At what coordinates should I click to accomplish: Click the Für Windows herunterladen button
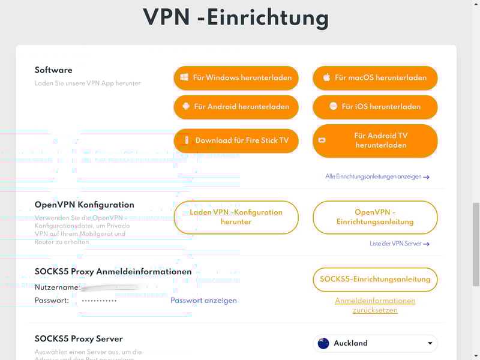click(x=236, y=77)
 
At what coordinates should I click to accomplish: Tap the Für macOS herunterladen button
click(x=375, y=77)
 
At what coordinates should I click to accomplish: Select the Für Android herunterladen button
click(x=236, y=107)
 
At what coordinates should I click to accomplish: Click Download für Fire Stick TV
click(x=236, y=140)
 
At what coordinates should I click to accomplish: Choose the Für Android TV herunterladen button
click(x=375, y=140)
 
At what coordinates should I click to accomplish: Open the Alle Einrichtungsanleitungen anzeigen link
click(x=377, y=177)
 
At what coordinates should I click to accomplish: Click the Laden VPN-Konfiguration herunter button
click(x=236, y=217)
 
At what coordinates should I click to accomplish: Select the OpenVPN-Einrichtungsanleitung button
click(x=375, y=217)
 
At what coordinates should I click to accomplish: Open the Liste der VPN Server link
click(x=400, y=244)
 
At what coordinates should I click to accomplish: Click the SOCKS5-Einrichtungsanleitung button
click(x=375, y=279)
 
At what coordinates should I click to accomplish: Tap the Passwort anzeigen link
click(x=203, y=301)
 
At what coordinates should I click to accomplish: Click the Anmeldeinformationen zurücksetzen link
click(x=375, y=305)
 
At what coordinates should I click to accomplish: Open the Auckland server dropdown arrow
click(x=430, y=343)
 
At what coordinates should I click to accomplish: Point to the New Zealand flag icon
click(x=323, y=343)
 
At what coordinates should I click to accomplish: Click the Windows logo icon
click(x=185, y=77)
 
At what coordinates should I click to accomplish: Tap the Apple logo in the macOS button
click(x=327, y=77)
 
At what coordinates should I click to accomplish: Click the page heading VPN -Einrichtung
click(x=236, y=17)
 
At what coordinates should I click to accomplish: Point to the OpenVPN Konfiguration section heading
click(x=85, y=205)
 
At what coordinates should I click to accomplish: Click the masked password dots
click(x=99, y=301)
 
